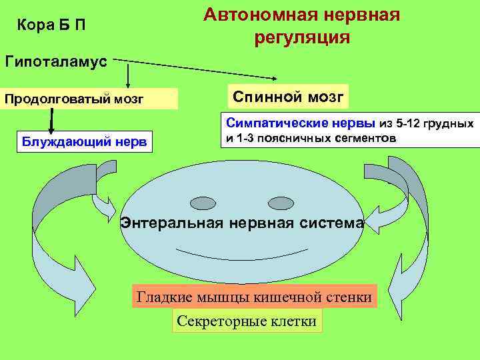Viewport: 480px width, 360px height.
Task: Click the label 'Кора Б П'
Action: click(x=51, y=26)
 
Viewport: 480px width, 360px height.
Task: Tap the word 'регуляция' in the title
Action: click(x=301, y=37)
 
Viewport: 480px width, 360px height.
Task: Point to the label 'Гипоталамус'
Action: click(x=56, y=62)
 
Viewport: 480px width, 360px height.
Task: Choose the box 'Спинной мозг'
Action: click(x=288, y=97)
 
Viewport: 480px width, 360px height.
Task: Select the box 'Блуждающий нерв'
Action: click(x=86, y=141)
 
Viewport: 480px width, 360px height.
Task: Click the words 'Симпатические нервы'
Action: click(x=301, y=123)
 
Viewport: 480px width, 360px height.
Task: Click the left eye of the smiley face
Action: click(x=202, y=202)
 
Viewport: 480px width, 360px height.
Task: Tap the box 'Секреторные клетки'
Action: click(x=247, y=321)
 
